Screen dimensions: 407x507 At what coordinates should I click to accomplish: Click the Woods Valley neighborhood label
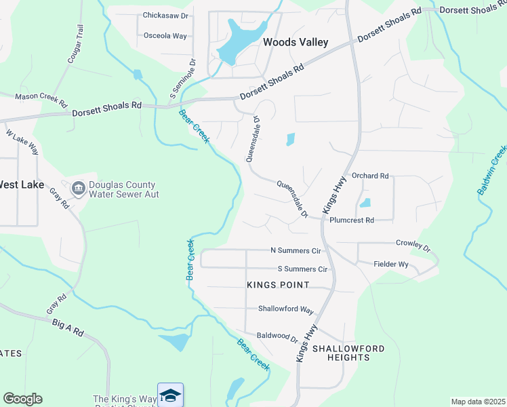coord(296,42)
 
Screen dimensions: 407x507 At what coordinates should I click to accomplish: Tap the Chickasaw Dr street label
coord(165,15)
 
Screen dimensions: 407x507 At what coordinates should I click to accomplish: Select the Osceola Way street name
coord(165,35)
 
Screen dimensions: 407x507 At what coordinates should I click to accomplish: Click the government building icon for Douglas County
coord(78,187)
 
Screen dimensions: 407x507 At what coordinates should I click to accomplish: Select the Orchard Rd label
coord(370,176)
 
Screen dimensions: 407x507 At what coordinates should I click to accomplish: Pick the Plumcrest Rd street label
coord(351,220)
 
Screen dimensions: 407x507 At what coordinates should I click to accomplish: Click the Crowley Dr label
coord(413,244)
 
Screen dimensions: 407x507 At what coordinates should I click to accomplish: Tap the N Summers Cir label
coord(295,250)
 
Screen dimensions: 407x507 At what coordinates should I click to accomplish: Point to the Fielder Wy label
coord(391,265)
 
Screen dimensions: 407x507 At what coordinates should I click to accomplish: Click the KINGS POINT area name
coord(278,285)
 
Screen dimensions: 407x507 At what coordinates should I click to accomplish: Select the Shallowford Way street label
coord(285,309)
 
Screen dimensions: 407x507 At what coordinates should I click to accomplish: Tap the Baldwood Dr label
coord(277,336)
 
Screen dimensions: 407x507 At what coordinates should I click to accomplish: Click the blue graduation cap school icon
coord(170,395)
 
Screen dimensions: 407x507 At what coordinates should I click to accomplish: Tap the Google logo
coord(22,399)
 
